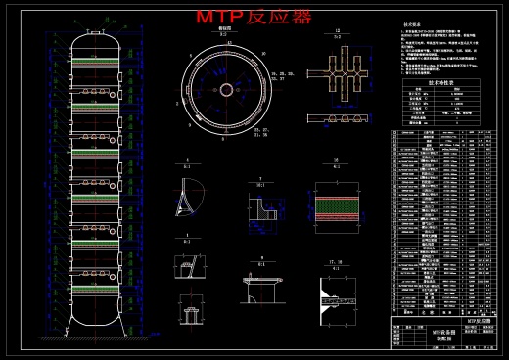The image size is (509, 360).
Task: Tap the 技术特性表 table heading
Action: (414, 84)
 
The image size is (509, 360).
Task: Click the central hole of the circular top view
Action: (226, 89)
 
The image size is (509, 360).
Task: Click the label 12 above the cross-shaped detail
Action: (337, 32)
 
